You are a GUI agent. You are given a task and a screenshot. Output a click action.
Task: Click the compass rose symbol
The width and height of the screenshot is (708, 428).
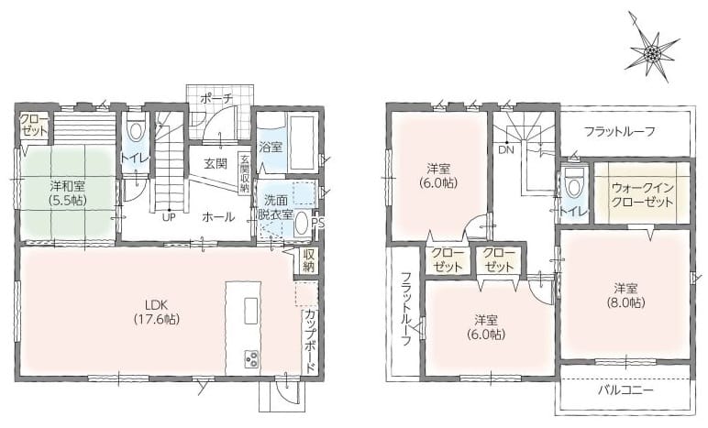651,53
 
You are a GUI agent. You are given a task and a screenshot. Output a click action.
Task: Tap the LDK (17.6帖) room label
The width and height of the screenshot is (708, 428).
157,312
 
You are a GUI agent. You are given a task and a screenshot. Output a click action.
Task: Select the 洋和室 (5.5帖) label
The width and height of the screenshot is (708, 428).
68,192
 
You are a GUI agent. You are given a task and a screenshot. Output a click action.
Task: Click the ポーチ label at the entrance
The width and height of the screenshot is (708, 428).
216,97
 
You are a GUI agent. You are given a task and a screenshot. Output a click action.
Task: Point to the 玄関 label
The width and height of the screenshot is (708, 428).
216,163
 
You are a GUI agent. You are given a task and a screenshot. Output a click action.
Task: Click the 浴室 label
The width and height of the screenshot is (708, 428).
271,147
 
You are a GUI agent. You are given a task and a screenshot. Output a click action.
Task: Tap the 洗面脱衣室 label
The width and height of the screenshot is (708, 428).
275,207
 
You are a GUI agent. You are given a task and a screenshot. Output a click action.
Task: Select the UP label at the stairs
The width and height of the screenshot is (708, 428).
170,217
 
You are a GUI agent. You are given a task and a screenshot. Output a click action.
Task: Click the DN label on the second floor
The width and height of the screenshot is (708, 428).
506,150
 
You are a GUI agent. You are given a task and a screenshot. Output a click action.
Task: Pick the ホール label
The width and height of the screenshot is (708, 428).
218,217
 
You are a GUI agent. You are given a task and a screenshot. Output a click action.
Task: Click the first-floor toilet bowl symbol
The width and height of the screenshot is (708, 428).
135,130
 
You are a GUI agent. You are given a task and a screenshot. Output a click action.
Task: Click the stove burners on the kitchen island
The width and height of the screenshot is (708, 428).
251,358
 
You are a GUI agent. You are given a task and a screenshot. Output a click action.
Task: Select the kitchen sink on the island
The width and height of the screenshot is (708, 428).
251,311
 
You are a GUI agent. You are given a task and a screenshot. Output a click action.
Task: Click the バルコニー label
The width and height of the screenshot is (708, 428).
625,390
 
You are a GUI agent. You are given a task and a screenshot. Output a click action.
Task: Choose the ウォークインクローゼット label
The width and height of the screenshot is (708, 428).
643,195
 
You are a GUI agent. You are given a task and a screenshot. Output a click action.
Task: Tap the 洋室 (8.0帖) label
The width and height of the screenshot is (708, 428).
625,295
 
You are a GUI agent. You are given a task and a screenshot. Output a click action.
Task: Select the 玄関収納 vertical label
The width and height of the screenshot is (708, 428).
244,174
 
